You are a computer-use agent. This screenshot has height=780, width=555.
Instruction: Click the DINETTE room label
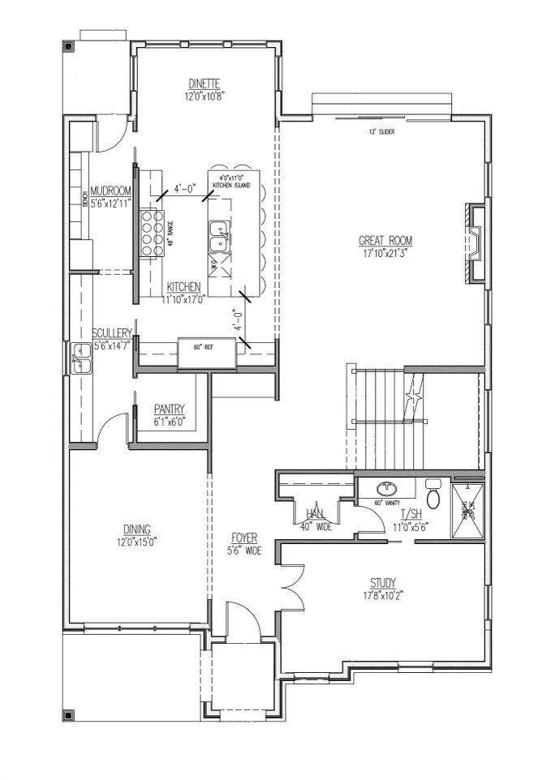click(x=204, y=84)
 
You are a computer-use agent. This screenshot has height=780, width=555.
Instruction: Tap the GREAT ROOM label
click(x=385, y=240)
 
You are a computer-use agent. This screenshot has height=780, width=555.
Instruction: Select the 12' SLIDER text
click(x=381, y=131)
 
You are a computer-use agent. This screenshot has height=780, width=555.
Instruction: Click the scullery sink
click(x=81, y=359)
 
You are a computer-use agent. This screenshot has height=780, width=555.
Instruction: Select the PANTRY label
click(x=170, y=409)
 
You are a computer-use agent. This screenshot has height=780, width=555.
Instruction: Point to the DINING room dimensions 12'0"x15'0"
click(x=136, y=542)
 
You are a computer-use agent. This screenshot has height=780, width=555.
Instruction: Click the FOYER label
click(x=245, y=538)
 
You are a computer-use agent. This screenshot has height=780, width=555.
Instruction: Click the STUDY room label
click(x=383, y=583)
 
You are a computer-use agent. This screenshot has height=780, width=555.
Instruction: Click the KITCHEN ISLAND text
click(x=233, y=186)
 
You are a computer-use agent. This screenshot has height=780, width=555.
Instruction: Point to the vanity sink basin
click(x=388, y=489)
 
